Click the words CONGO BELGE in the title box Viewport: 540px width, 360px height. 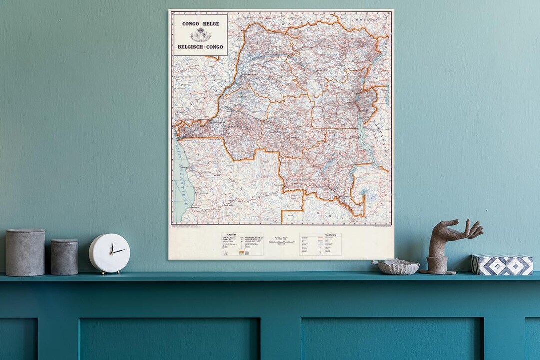(x=200, y=24)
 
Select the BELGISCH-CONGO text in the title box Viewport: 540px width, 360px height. (x=200, y=47)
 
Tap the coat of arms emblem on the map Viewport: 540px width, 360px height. (x=200, y=35)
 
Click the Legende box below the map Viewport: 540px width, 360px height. (x=242, y=244)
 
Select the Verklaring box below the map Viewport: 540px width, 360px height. (x=320, y=244)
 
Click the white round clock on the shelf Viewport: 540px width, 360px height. (x=109, y=253)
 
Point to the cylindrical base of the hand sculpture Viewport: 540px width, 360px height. (x=437, y=265)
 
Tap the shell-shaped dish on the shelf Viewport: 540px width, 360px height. (x=398, y=267)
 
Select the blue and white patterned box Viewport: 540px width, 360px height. (x=502, y=265)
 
